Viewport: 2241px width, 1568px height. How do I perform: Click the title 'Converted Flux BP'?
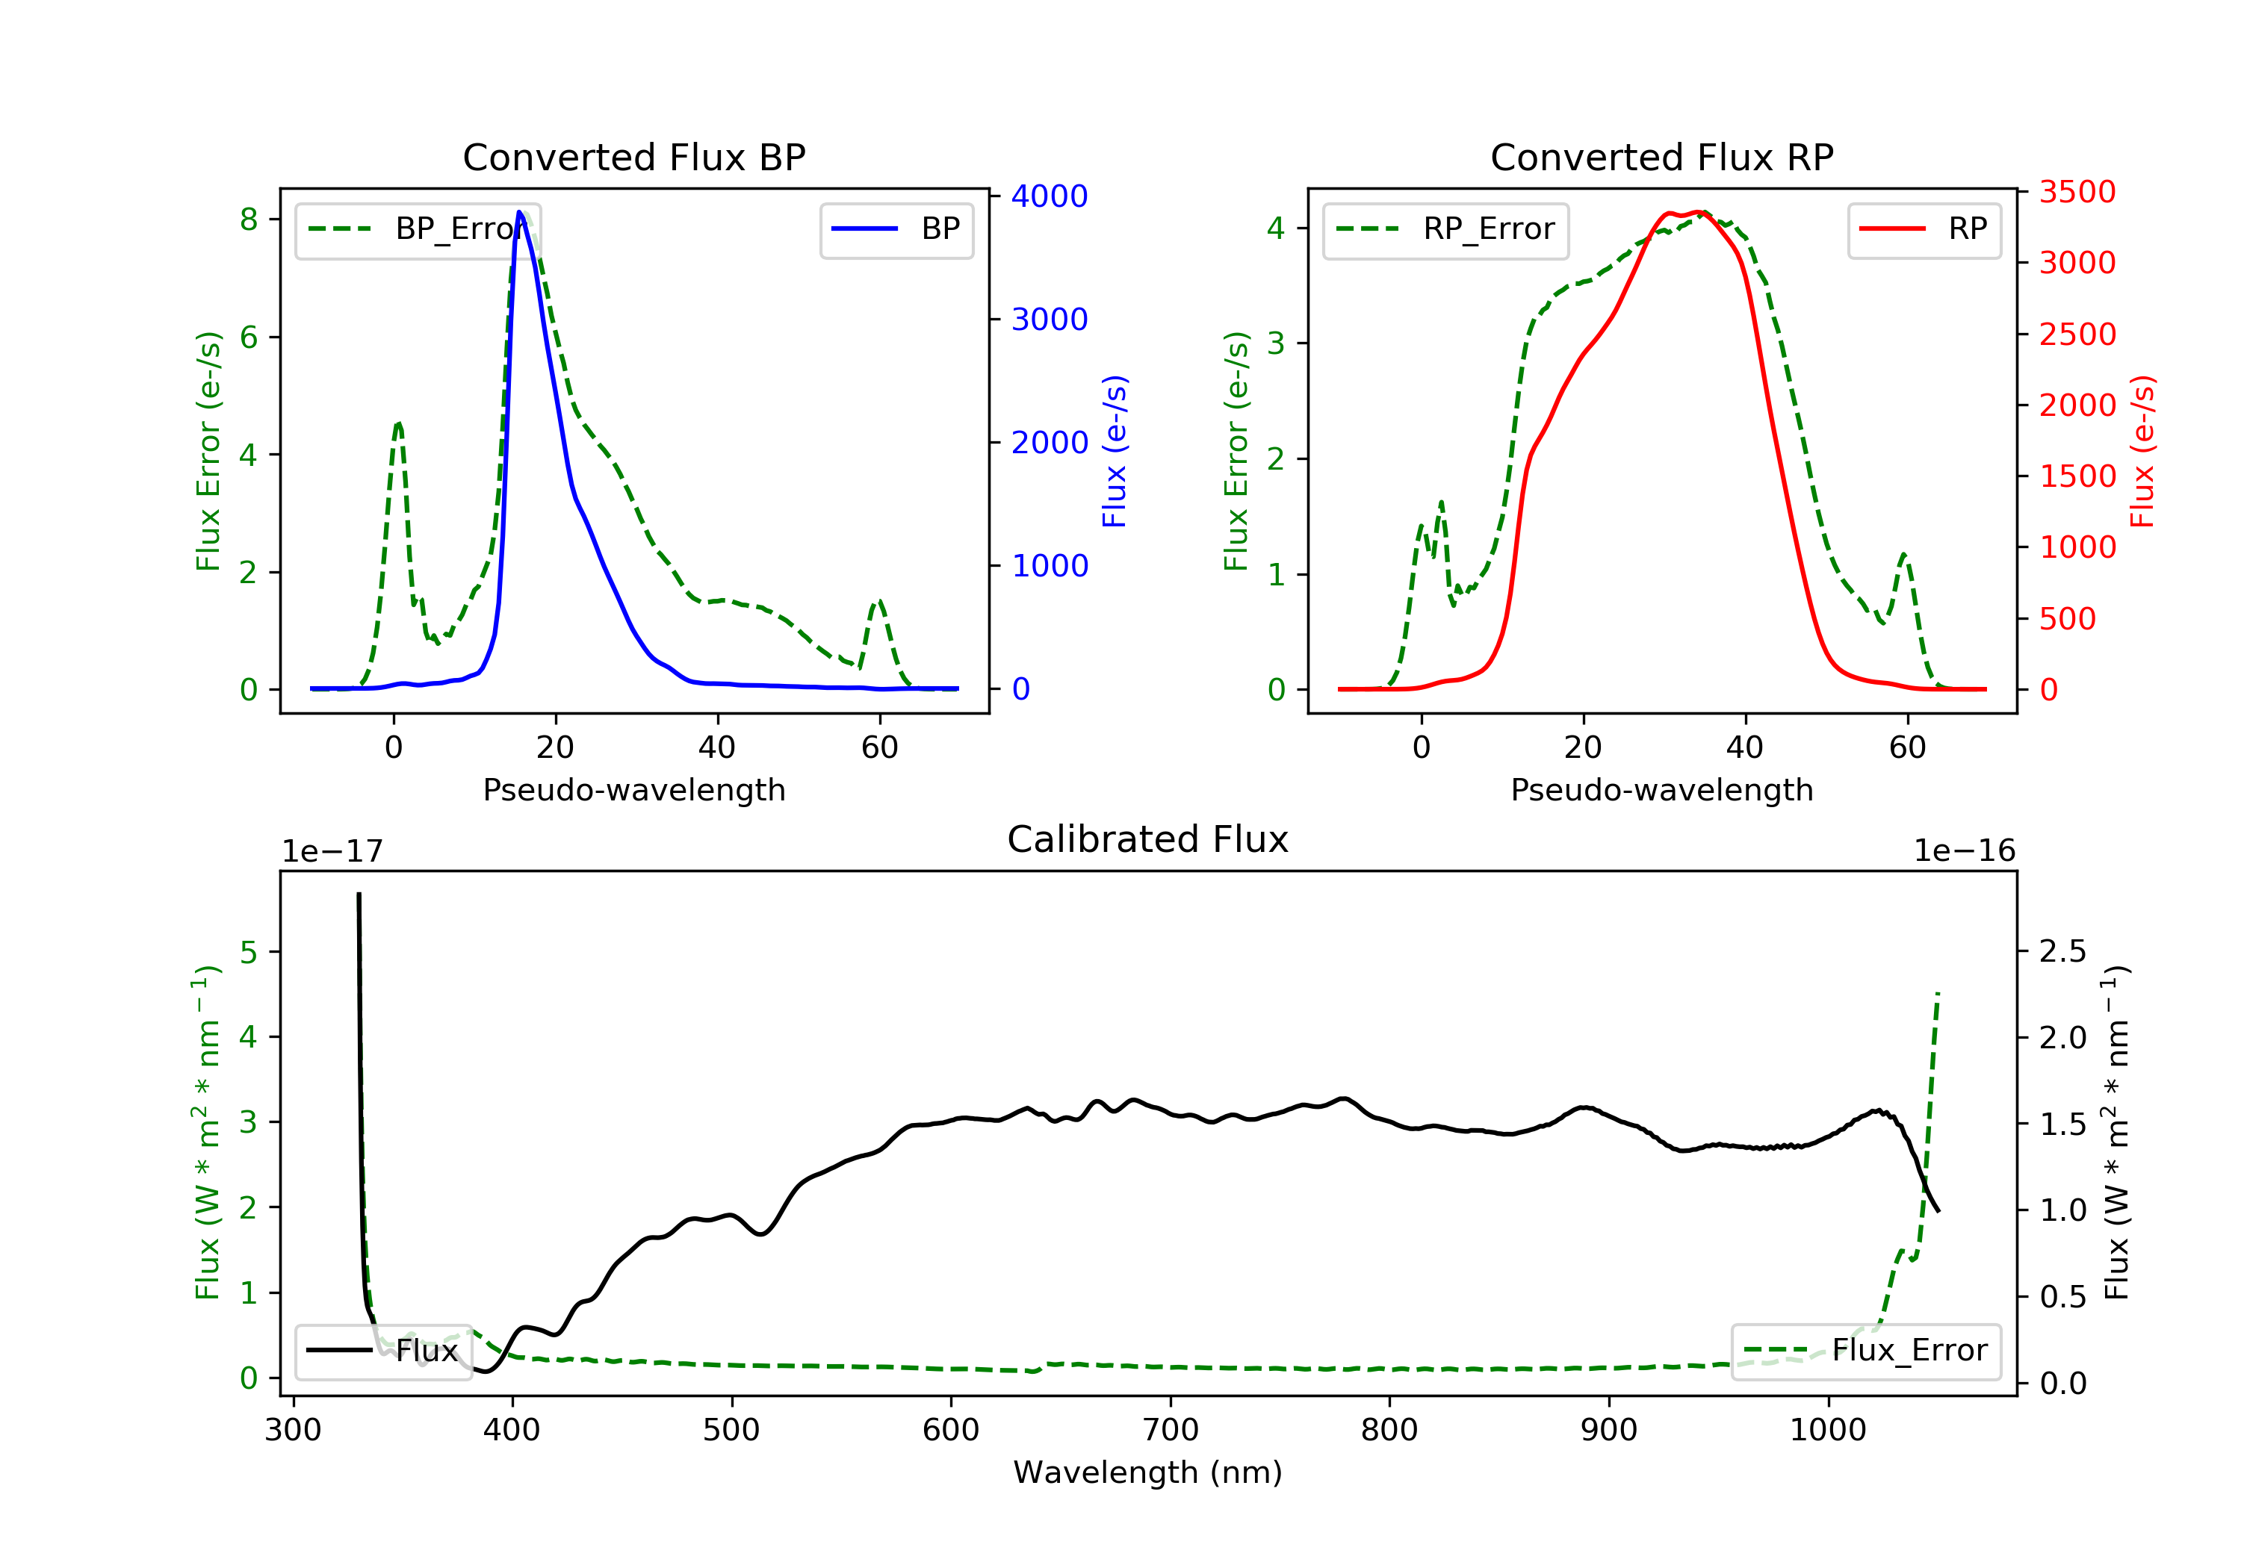click(633, 157)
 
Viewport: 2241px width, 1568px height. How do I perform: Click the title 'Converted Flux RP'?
click(1661, 157)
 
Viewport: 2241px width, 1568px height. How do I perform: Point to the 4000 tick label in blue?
click(1050, 196)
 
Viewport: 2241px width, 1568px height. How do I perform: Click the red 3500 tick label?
click(2077, 192)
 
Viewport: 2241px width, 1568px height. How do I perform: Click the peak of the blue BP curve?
click(519, 213)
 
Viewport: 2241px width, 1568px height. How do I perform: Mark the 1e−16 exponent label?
click(1964, 851)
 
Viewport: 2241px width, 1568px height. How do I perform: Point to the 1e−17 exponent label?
click(332, 852)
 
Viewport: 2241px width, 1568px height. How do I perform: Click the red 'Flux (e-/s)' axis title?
click(2142, 452)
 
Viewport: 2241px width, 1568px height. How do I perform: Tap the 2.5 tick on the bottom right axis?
click(2062, 951)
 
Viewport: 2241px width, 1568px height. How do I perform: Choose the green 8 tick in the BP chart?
click(249, 220)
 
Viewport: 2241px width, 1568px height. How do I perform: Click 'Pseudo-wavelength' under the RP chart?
click(1661, 789)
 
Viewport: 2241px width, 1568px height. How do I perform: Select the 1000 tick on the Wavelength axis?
click(1827, 1431)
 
